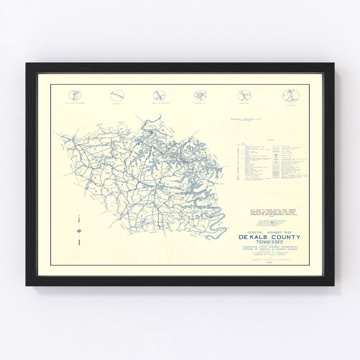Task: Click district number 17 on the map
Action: pyautogui.click(x=122, y=129)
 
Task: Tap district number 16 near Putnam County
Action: pyautogui.click(x=163, y=130)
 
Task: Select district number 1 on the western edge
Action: pyautogui.click(x=69, y=145)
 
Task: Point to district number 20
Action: pyautogui.click(x=108, y=173)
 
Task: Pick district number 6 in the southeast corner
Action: pyautogui.click(x=203, y=227)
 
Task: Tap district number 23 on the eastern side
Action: pyautogui.click(x=213, y=198)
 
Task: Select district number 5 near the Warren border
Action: pyautogui.click(x=142, y=216)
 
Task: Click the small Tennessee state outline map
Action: pyautogui.click(x=271, y=223)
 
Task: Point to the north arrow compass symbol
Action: pyautogui.click(x=79, y=231)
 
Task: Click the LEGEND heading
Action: pyautogui.click(x=270, y=140)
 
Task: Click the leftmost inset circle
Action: pyautogui.click(x=75, y=95)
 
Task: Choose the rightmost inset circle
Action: pyautogui.click(x=291, y=96)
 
